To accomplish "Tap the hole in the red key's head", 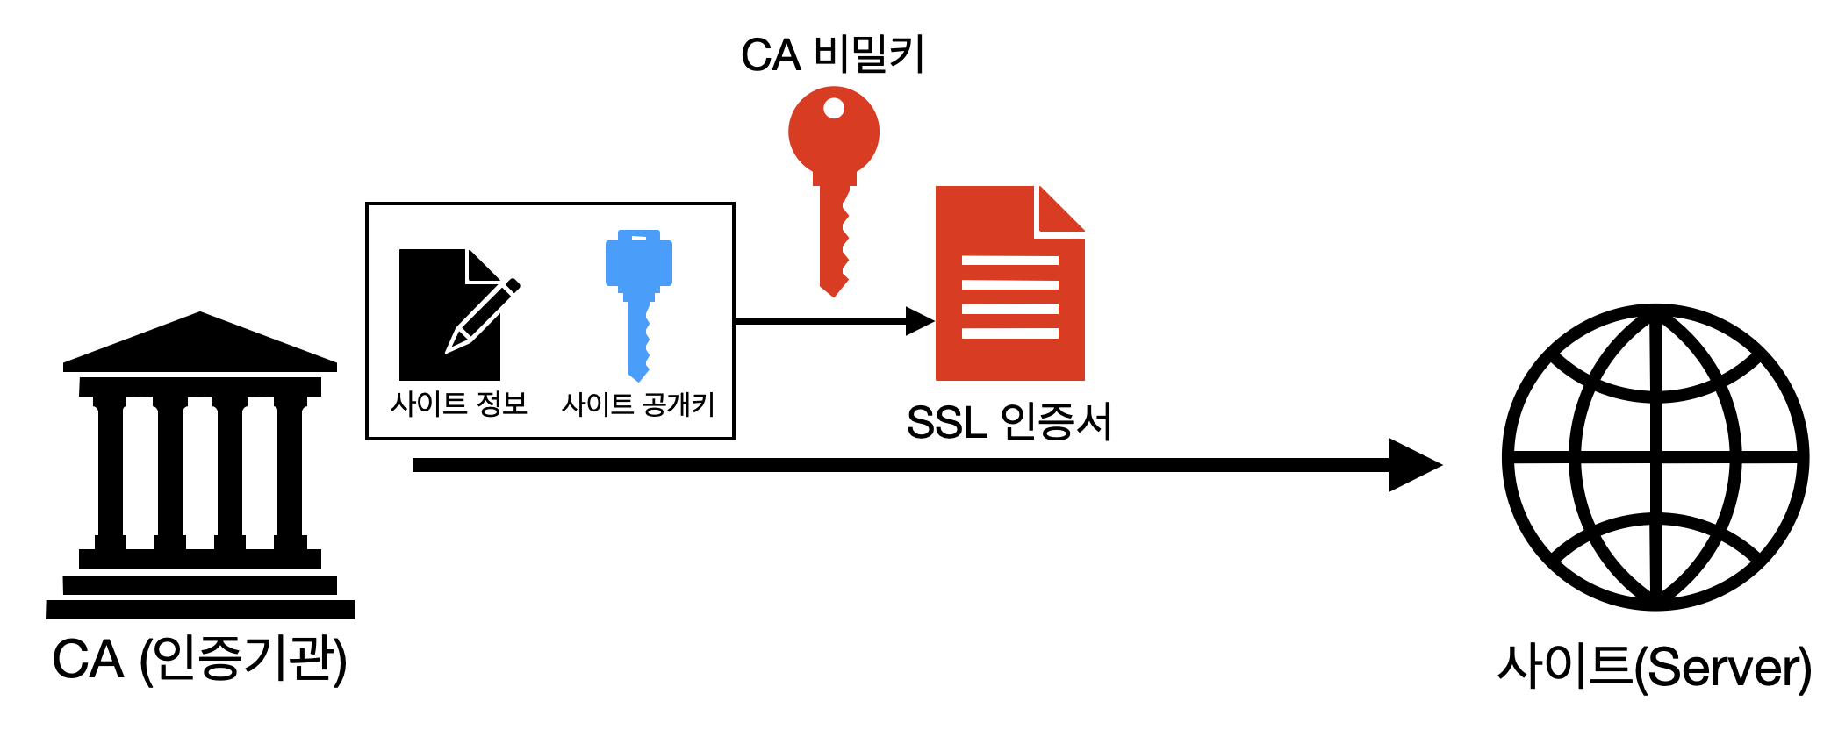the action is click(834, 108).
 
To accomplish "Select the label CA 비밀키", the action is click(833, 54).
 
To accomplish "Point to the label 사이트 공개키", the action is click(638, 404).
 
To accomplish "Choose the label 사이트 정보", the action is click(459, 404).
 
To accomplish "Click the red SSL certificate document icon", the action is click(1010, 283).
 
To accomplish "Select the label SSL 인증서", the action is click(1009, 422).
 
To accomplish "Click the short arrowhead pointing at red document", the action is click(920, 321).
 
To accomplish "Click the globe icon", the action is click(1655, 457).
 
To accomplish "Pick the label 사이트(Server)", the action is click(1655, 667).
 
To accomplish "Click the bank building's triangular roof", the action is click(200, 342).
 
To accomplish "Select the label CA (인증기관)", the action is click(200, 660).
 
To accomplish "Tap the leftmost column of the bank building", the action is click(111, 473).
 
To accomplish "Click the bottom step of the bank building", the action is click(200, 610).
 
